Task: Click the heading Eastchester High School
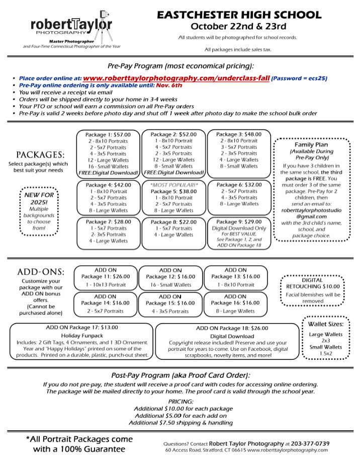[x=239, y=15]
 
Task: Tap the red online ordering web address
[x=176, y=79]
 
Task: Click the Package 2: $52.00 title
[x=173, y=134]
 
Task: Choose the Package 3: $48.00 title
[x=239, y=134]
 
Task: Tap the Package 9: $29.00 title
[x=239, y=221]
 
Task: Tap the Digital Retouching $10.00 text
[x=313, y=283]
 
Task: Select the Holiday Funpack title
[x=81, y=335]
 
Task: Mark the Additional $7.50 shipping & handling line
[x=181, y=423]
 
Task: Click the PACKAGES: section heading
[x=39, y=154]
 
